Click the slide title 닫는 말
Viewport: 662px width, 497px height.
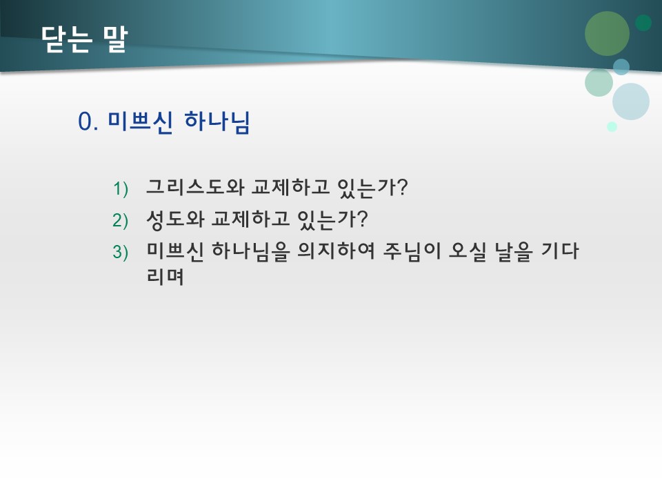click(83, 39)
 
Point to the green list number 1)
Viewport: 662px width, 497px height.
click(121, 188)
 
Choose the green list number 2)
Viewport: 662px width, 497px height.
click(121, 220)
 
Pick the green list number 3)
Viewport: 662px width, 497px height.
click(121, 252)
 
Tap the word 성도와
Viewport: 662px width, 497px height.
click(171, 220)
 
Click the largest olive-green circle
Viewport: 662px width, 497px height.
click(607, 33)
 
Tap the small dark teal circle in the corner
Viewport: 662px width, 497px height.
click(643, 23)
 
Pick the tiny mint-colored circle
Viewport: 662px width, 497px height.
click(612, 126)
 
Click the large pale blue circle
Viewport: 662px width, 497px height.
click(631, 101)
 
